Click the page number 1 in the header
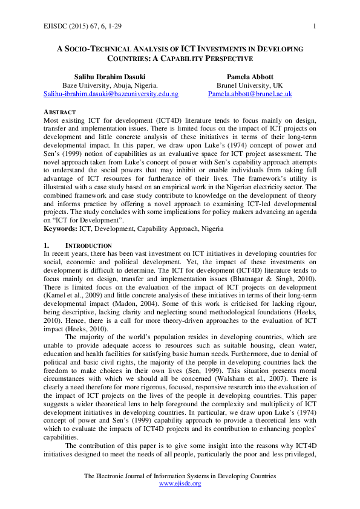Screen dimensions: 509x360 [315, 25]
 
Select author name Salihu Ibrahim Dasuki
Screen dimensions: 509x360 [110, 77]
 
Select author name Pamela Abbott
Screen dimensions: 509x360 [250, 77]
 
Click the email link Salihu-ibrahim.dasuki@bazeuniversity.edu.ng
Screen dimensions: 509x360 [110, 94]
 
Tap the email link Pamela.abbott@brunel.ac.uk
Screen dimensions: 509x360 [250, 94]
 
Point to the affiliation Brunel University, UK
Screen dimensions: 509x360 [250, 86]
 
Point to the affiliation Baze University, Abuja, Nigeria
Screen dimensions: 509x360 [110, 86]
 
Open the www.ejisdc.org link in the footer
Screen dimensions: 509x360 [180, 484]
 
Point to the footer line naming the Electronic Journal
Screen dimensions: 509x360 [180, 476]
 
